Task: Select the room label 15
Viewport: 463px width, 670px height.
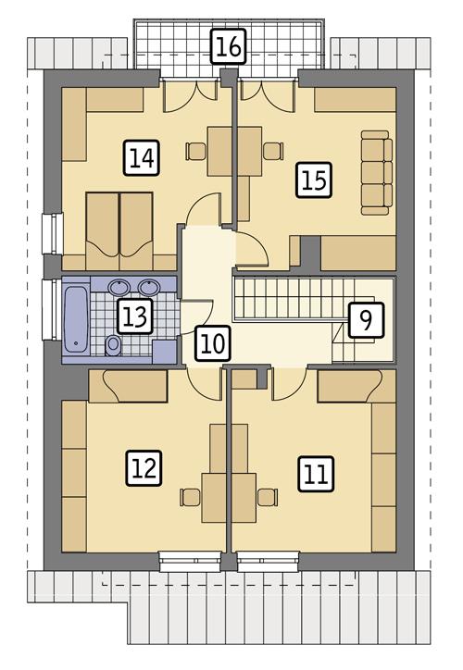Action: tap(314, 179)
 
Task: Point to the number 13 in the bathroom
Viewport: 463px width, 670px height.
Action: tap(134, 317)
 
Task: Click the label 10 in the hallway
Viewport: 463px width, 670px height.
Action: tap(211, 344)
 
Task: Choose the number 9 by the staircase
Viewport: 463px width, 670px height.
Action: tap(366, 320)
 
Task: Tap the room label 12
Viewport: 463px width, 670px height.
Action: tap(144, 468)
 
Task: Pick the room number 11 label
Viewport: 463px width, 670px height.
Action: tap(315, 475)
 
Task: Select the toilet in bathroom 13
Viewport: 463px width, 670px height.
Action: tap(113, 346)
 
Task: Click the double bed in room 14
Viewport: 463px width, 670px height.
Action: tap(119, 223)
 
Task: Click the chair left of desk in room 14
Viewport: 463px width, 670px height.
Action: tap(194, 150)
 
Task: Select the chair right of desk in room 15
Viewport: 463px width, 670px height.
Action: tap(272, 150)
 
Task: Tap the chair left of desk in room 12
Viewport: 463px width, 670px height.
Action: tap(190, 497)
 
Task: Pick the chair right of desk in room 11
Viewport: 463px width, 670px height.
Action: tap(268, 497)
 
